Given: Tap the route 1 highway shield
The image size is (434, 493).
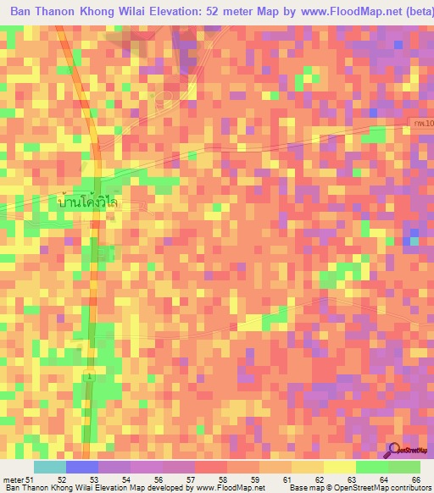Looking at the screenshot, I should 89,374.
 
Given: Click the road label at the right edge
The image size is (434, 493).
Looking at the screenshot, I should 422,125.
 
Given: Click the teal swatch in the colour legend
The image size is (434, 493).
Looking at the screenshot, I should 49,468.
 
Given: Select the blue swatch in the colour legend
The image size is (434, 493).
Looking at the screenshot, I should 81,468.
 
